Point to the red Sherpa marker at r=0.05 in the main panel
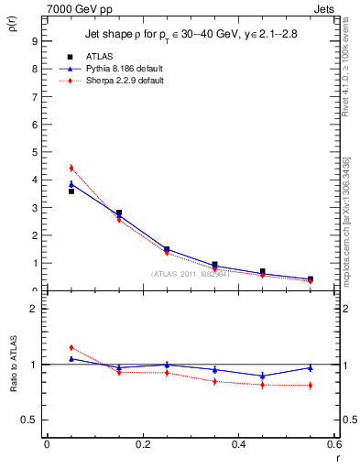(71, 169)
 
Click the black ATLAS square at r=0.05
(71, 191)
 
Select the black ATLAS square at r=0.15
(119, 213)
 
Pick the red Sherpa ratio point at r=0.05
(71, 348)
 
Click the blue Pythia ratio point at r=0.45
(262, 376)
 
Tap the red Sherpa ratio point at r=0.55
(310, 386)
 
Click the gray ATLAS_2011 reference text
(191, 274)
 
